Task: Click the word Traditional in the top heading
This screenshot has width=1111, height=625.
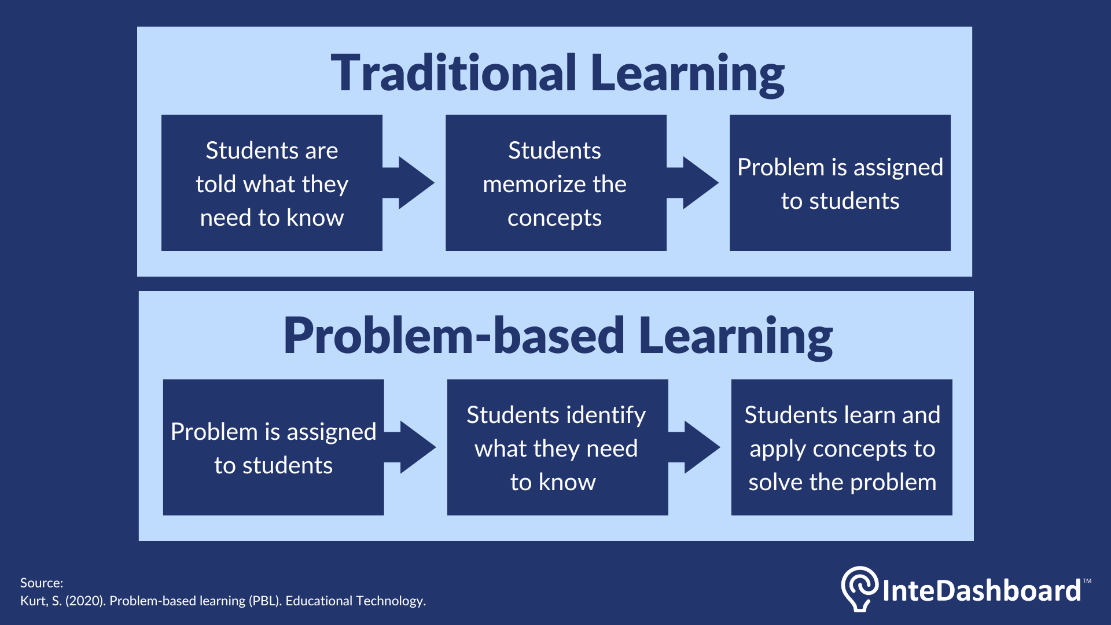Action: coord(454,73)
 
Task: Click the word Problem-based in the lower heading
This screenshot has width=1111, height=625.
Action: coord(454,336)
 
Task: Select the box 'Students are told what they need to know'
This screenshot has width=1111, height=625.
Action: coord(271,183)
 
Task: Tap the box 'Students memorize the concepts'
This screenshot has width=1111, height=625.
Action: coord(555,183)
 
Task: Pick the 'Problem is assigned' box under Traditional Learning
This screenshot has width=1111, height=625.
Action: coord(840,183)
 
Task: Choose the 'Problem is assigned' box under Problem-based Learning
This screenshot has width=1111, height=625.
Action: coord(273,447)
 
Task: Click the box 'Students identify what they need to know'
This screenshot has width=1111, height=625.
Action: coord(557,447)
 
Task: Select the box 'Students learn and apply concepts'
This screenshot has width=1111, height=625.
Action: coord(841,447)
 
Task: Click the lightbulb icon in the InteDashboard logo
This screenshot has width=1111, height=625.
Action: coord(860,588)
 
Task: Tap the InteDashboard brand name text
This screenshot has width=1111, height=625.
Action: coord(981,591)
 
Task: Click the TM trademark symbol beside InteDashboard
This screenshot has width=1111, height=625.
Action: coord(1087,581)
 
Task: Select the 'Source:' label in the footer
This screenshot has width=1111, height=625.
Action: coord(42,583)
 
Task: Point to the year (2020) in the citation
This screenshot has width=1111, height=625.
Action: coord(85,601)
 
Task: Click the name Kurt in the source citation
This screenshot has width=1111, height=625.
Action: coord(34,601)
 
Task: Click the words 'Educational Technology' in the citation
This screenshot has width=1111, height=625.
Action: coord(355,601)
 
